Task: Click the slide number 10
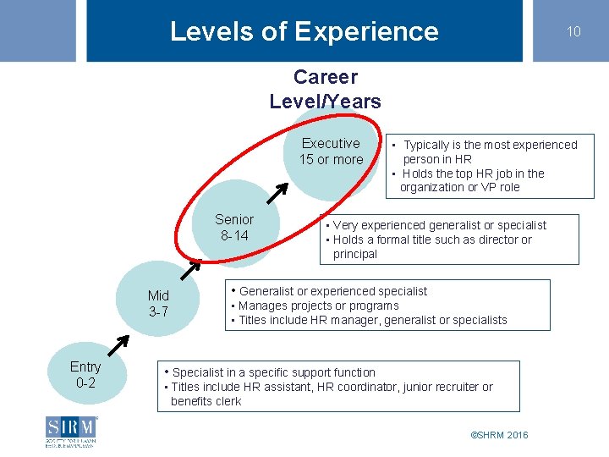(573, 31)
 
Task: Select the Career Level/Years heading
(326, 89)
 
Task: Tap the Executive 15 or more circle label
(331, 151)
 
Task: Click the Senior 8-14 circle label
(234, 227)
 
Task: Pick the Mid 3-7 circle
(158, 303)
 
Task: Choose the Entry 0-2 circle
(85, 374)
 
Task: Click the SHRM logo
(73, 431)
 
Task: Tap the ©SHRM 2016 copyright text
(499, 435)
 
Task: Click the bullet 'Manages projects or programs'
(318, 306)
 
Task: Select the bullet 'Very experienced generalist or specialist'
(439, 225)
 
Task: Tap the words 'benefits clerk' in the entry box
(206, 401)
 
